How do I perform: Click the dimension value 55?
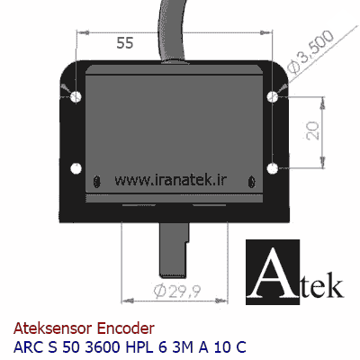[x=125, y=43]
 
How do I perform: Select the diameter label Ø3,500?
[x=310, y=52]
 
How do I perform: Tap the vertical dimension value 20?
[x=313, y=130]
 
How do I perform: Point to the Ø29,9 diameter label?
[x=177, y=291]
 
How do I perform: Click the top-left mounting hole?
[x=76, y=96]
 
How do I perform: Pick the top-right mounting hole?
[x=273, y=96]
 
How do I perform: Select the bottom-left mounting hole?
[x=76, y=168]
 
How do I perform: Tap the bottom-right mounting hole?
[x=273, y=168]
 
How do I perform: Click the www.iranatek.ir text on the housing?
[x=170, y=180]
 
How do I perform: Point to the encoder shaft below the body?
[x=174, y=249]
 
